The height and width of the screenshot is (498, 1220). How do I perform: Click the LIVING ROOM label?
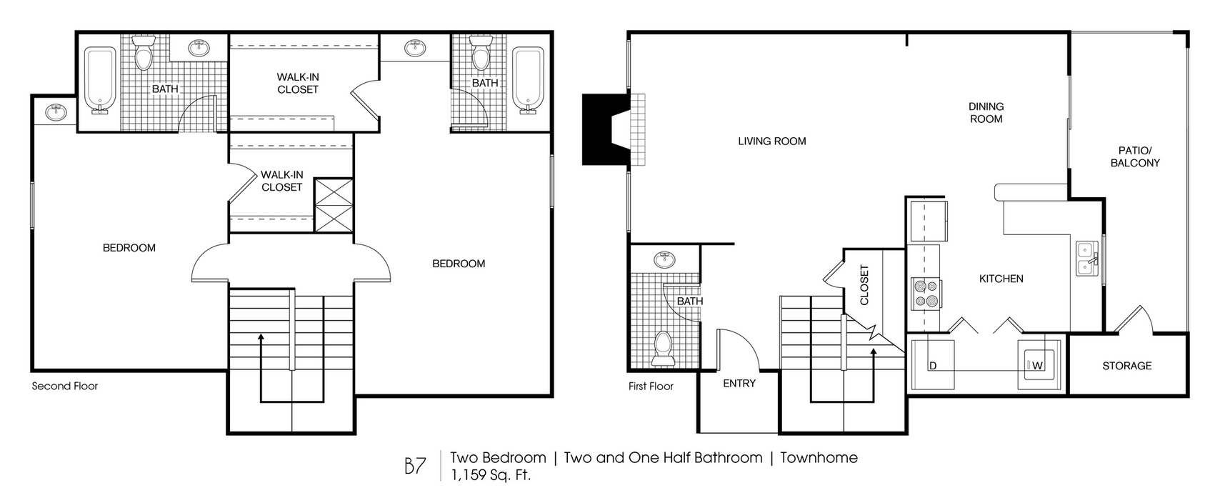pyautogui.click(x=771, y=141)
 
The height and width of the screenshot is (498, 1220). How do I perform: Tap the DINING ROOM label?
pyautogui.click(x=986, y=113)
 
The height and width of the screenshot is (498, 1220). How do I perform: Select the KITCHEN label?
pyautogui.click(x=1001, y=279)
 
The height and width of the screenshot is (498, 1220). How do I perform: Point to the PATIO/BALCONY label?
pyautogui.click(x=1135, y=157)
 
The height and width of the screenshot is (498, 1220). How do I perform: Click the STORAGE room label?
pyautogui.click(x=1127, y=366)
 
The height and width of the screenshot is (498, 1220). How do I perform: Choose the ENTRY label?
pyautogui.click(x=739, y=384)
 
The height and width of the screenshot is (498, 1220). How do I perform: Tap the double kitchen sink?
pyautogui.click(x=1086, y=259)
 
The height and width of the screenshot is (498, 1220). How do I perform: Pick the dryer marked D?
pyautogui.click(x=933, y=364)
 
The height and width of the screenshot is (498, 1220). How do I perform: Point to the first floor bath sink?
pyautogui.click(x=664, y=260)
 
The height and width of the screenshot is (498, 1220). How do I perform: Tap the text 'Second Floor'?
pyautogui.click(x=65, y=387)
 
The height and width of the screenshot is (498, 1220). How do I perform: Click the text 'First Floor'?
pyautogui.click(x=651, y=387)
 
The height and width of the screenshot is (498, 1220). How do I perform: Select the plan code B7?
pyautogui.click(x=415, y=466)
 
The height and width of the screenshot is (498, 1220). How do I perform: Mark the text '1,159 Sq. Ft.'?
pyautogui.click(x=491, y=475)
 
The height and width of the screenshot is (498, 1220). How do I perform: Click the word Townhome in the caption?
pyautogui.click(x=819, y=458)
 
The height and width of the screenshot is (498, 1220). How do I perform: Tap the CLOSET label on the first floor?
pyautogui.click(x=864, y=285)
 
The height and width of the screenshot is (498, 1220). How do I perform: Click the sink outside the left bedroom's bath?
pyautogui.click(x=55, y=112)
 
